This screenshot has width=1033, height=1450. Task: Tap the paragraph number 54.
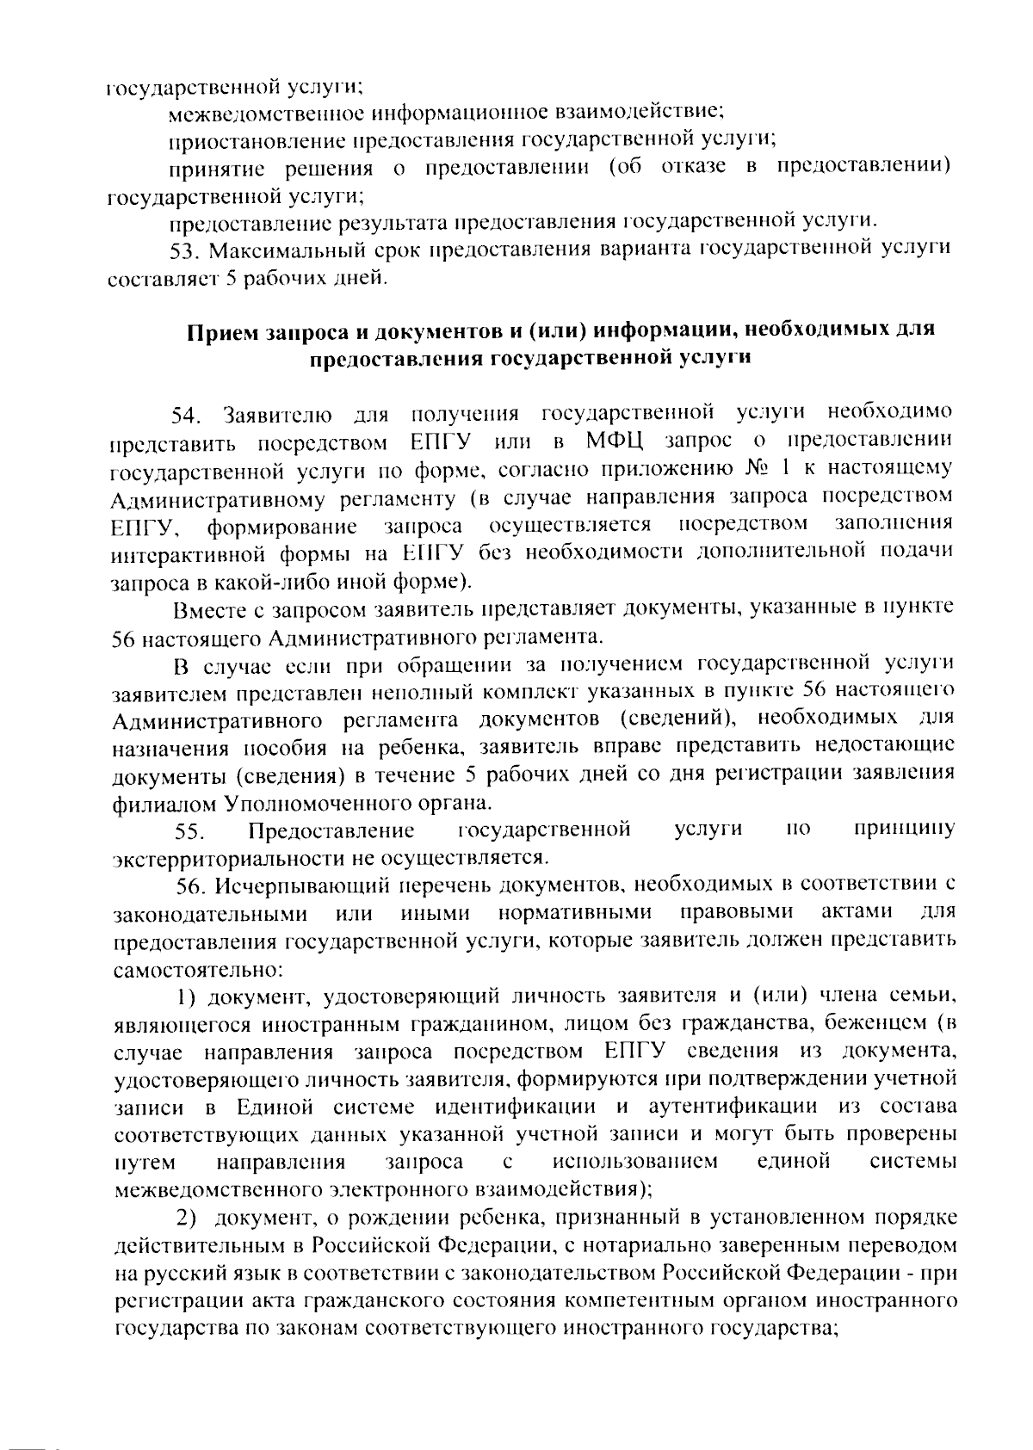click(186, 416)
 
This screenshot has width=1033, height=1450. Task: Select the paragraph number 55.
click(189, 831)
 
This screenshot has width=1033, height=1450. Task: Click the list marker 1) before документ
click(188, 996)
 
